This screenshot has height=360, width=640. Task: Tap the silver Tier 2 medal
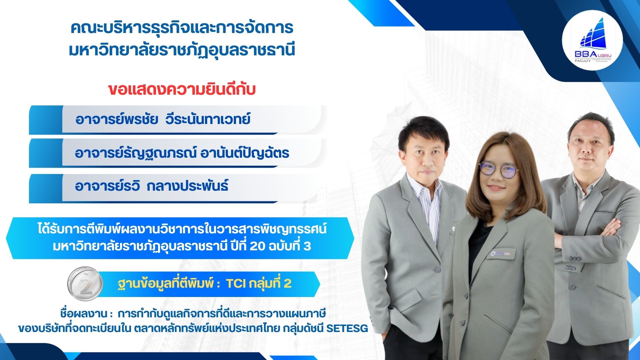pyautogui.click(x=85, y=284)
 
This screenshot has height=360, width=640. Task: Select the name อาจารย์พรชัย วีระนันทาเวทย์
pyautogui.click(x=163, y=119)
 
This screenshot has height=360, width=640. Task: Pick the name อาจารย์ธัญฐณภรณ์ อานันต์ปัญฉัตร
pyautogui.click(x=182, y=153)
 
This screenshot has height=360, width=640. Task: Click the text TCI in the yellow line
pyautogui.click(x=236, y=284)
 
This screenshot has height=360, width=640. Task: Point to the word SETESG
pyautogui.click(x=347, y=328)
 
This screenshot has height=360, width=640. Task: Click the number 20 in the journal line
pyautogui.click(x=257, y=246)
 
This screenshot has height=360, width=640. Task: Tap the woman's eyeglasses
pyautogui.click(x=499, y=170)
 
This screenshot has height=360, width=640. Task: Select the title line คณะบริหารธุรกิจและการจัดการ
pyautogui.click(x=182, y=28)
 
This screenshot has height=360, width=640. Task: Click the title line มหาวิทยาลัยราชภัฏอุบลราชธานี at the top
pyautogui.click(x=182, y=50)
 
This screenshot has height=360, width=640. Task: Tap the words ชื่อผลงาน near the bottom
pyautogui.click(x=84, y=314)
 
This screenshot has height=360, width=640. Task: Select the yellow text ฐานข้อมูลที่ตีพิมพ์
pyautogui.click(x=165, y=284)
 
